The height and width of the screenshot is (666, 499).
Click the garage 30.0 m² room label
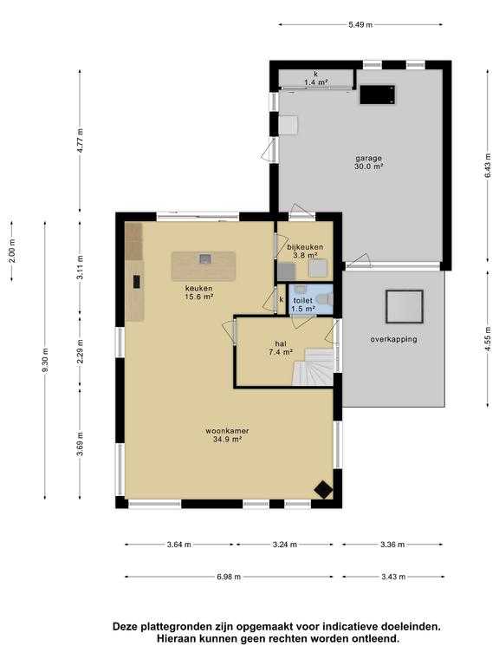click(x=368, y=163)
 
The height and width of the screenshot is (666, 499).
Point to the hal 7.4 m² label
click(x=279, y=348)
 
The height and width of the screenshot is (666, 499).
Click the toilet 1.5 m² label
click(x=302, y=304)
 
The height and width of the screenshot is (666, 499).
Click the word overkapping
click(x=393, y=339)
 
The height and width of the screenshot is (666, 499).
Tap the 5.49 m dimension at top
click(x=360, y=25)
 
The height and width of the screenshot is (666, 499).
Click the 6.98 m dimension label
click(x=234, y=577)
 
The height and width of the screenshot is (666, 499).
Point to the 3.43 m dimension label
click(x=393, y=577)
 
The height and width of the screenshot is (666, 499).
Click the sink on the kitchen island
click(x=204, y=258)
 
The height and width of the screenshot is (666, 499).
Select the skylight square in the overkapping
click(x=404, y=304)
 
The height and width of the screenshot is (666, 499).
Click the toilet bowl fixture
click(x=323, y=298)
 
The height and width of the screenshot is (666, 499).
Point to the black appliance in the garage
click(x=378, y=93)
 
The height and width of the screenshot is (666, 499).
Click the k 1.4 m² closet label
click(x=315, y=79)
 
